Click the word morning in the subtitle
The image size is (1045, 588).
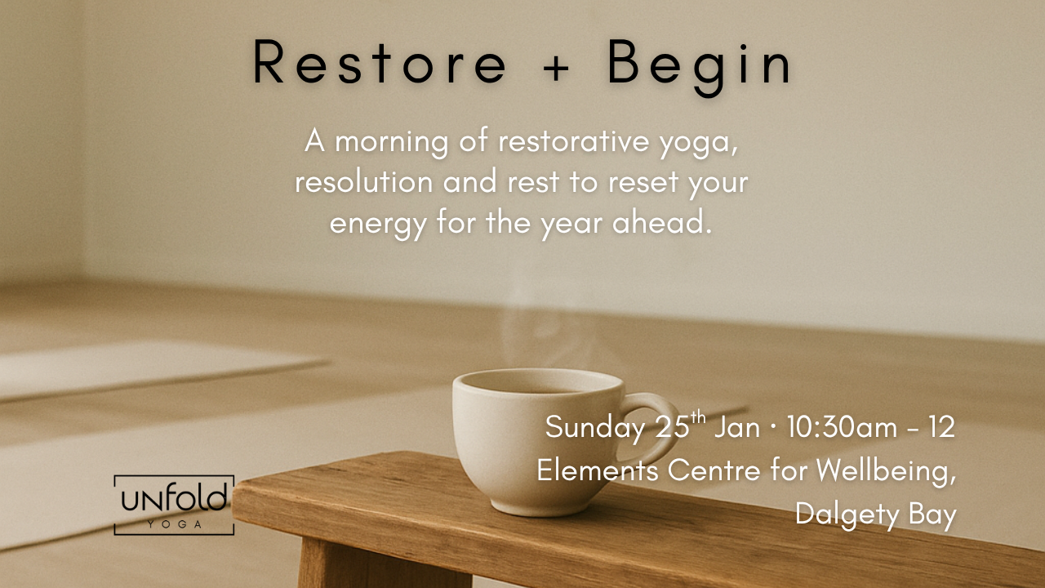pos(391,141)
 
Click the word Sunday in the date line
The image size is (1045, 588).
pos(595,427)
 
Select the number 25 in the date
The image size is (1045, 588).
pos(670,427)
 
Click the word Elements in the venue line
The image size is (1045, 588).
pos(598,470)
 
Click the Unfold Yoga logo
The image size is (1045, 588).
pos(174,505)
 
